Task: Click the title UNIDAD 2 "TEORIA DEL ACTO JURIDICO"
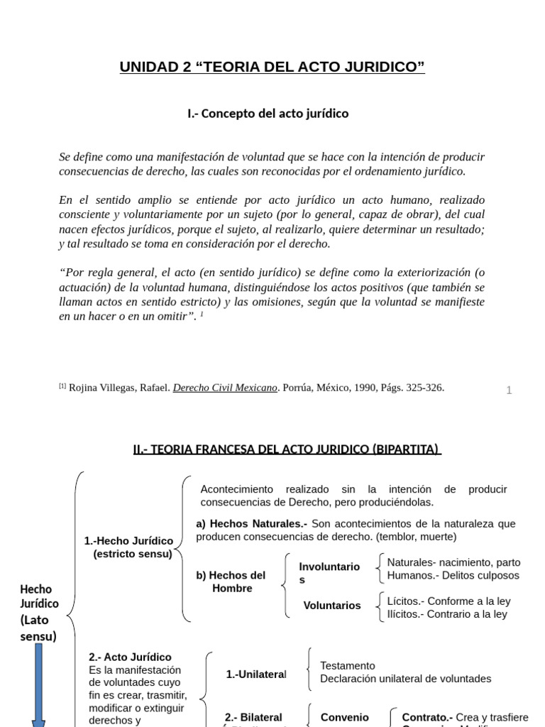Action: pos(272,67)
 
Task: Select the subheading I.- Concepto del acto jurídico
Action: pos(268,114)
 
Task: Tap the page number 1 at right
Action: pos(509,390)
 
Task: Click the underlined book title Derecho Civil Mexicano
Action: pos(225,388)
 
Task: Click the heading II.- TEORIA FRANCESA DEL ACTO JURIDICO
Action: pos(287,449)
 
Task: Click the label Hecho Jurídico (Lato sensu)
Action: pos(38,612)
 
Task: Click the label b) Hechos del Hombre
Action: pos(231,581)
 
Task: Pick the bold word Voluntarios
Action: pos(332,606)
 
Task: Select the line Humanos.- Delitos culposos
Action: pos(453,576)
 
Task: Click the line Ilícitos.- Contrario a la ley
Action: pos(447,614)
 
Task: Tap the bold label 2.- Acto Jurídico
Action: pos(130,657)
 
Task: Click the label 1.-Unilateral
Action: pos(256,674)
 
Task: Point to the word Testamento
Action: pos(348,666)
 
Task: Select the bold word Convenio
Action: pos(345,717)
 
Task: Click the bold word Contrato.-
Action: pos(427,717)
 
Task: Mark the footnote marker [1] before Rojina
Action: pos(62,386)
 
